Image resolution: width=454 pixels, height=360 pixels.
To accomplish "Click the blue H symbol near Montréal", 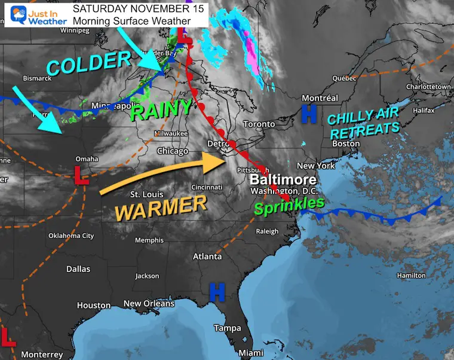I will pos(308,114).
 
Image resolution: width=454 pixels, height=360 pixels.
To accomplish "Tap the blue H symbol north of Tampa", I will pos(216,292).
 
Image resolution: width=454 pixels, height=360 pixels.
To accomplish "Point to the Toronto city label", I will pos(259,124).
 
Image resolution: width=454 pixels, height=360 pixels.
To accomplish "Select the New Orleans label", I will pos(149,304).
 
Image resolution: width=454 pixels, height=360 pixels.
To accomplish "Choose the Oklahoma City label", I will pos(71,236).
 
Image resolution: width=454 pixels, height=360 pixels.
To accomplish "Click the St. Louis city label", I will pos(146,194).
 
